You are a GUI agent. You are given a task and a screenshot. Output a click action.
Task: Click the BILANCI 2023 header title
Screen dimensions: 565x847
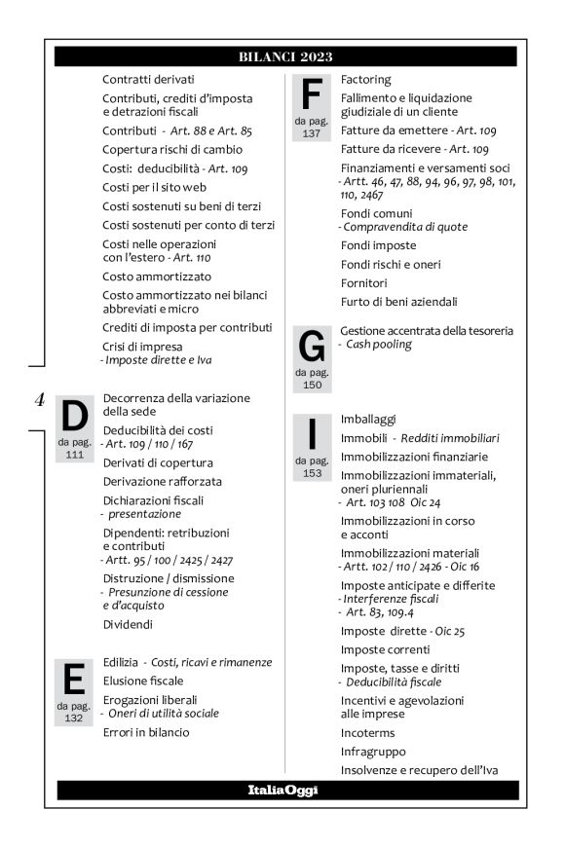coord(285,56)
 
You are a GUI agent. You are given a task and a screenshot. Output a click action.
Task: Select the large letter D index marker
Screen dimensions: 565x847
coord(75,418)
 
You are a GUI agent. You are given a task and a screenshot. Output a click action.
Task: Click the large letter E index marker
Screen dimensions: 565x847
coord(73,679)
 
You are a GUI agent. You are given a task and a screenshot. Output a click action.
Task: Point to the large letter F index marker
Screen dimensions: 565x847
coord(311,94)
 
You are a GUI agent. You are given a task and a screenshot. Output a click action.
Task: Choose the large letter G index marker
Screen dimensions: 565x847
coord(312,347)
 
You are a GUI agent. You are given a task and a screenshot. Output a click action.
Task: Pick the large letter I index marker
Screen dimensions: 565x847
coord(312,434)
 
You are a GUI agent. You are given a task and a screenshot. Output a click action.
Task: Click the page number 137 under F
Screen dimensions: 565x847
coord(311,133)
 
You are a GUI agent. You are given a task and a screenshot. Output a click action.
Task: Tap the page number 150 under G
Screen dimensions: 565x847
coord(312,385)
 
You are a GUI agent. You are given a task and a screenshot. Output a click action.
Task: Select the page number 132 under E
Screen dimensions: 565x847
coord(73,718)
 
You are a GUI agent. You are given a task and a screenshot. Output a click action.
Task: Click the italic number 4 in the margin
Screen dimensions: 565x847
coord(40,398)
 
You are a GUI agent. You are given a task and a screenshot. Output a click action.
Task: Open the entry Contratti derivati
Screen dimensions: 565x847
coord(149,79)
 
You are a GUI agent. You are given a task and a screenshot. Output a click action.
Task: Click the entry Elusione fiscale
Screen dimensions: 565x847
coord(143,681)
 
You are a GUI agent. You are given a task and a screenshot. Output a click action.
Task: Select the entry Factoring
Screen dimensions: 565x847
coord(366,79)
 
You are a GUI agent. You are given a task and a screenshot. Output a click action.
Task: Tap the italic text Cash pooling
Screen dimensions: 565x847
coord(380,345)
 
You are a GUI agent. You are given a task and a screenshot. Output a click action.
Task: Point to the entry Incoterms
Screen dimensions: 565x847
coord(369,733)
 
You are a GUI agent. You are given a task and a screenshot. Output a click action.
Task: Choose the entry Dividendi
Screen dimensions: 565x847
coord(130,624)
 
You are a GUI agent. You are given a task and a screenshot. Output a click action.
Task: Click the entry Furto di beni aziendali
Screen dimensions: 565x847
coord(398,302)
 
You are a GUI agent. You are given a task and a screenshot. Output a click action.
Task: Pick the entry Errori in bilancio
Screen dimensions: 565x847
coord(146,732)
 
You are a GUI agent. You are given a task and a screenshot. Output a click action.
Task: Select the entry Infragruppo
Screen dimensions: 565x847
coord(373,752)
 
